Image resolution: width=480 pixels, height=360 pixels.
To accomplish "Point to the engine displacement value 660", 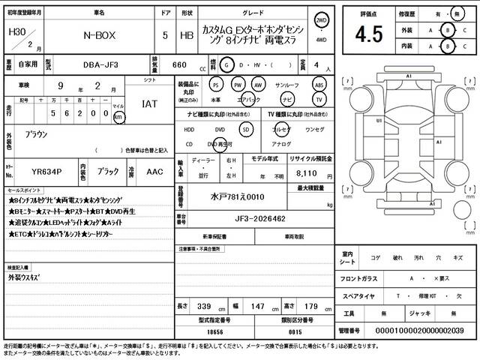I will (x=179, y=64).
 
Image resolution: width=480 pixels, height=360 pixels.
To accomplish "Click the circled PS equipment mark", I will (x=216, y=85).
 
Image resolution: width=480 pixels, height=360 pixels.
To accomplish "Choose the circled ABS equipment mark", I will (x=319, y=85).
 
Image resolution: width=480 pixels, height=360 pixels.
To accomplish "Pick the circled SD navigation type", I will (x=245, y=128).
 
